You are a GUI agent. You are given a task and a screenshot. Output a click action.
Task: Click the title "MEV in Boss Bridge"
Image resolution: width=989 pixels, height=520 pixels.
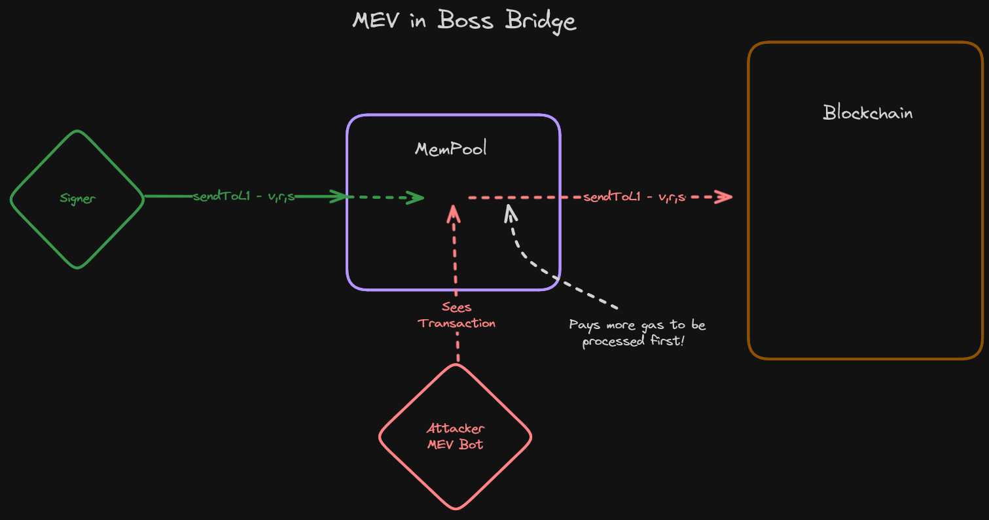click(464, 21)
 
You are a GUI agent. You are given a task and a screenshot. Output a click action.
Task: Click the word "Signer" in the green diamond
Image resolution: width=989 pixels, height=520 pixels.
click(77, 199)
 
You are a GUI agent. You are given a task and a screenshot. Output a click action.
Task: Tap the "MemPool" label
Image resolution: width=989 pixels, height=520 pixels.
click(451, 149)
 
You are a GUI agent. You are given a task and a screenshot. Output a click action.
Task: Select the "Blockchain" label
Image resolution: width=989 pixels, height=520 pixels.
click(867, 113)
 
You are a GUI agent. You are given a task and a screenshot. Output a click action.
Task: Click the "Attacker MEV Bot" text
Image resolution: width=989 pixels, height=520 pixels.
click(456, 436)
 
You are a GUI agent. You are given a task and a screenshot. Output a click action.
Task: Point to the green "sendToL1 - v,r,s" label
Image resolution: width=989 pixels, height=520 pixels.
click(243, 196)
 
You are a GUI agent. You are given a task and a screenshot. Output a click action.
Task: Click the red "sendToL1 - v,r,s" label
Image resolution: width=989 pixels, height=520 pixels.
click(634, 196)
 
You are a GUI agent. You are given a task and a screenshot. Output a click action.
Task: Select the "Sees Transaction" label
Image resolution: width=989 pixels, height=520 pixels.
click(456, 315)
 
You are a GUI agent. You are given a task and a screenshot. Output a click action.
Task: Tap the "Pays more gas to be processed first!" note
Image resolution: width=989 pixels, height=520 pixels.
click(638, 333)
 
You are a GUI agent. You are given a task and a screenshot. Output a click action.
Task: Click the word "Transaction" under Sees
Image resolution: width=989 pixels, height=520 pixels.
click(457, 323)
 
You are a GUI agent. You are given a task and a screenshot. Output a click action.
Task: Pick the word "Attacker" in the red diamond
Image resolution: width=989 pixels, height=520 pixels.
click(456, 428)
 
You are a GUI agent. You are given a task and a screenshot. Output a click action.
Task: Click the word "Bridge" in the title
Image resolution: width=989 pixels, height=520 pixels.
click(541, 21)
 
